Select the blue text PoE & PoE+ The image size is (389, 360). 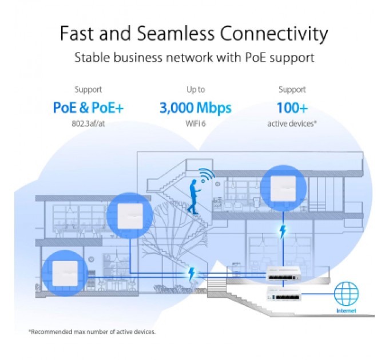pyautogui.click(x=88, y=107)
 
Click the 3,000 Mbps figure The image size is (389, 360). pyautogui.click(x=195, y=107)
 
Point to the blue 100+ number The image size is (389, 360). pyautogui.click(x=292, y=107)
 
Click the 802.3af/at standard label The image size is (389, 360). pyautogui.click(x=88, y=123)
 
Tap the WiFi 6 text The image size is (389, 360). pyautogui.click(x=195, y=123)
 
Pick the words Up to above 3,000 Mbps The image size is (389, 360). pyautogui.click(x=195, y=90)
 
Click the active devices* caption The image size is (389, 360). pyautogui.click(x=292, y=123)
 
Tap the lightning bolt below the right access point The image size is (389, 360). pyautogui.click(x=281, y=232)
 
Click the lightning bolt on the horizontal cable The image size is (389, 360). pyautogui.click(x=192, y=275)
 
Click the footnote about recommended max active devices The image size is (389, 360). pyautogui.click(x=92, y=331)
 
